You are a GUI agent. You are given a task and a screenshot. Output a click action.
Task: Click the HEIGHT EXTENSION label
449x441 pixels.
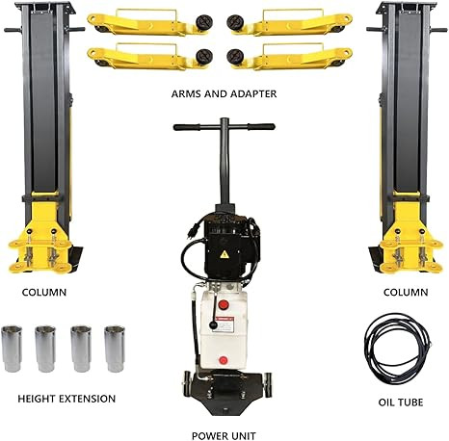(x=66, y=398)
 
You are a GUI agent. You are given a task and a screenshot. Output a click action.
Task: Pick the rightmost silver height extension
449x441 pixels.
(x=115, y=349)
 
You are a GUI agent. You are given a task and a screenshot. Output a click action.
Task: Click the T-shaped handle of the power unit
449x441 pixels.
(x=223, y=127)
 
